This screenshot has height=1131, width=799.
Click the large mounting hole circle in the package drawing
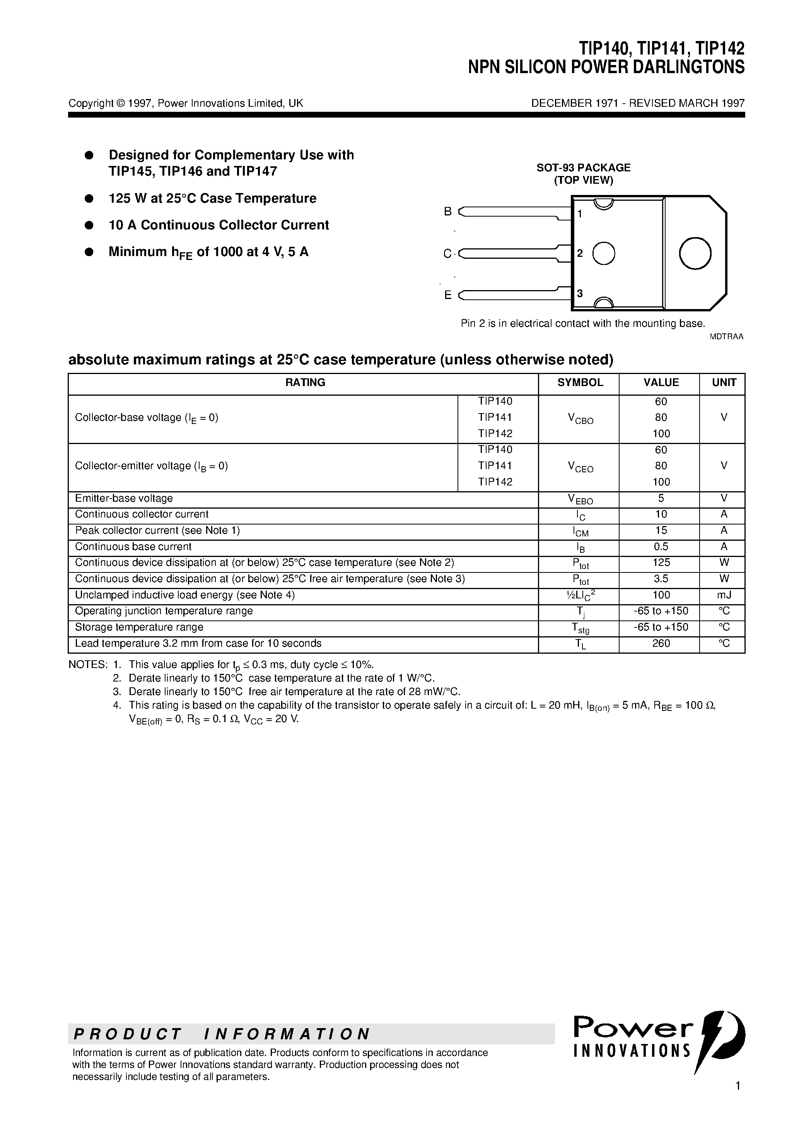click(695, 253)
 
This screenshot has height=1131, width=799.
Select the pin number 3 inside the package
click(580, 294)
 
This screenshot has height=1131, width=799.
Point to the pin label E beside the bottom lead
click(448, 295)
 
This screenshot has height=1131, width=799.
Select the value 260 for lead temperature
click(661, 643)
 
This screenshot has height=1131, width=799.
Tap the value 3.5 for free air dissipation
click(661, 579)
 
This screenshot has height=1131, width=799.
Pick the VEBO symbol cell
click(580, 499)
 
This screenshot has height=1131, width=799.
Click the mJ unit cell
click(724, 595)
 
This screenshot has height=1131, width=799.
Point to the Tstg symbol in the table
click(580, 628)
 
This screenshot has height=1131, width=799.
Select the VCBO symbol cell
click(580, 419)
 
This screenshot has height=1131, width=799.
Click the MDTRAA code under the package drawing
click(726, 337)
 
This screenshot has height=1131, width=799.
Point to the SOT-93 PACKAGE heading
click(583, 168)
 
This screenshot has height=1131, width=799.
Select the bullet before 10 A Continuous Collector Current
click(89, 225)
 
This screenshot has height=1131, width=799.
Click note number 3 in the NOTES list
click(117, 692)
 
